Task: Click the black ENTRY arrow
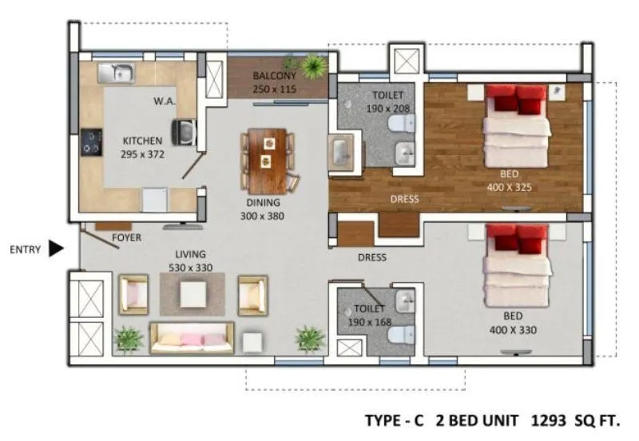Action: coord(56,248)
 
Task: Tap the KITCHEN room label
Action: coord(142,141)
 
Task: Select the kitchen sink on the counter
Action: coord(117,73)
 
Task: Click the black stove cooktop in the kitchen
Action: coord(91,142)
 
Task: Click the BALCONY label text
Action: coord(274,76)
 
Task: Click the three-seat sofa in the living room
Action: coord(192,338)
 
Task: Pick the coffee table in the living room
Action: coord(192,294)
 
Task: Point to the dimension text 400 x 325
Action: coord(509,188)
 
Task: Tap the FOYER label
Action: coord(127,237)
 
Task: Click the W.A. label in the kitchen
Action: coord(165,101)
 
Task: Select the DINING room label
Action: coord(263,203)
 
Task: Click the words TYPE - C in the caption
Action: coord(394,419)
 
